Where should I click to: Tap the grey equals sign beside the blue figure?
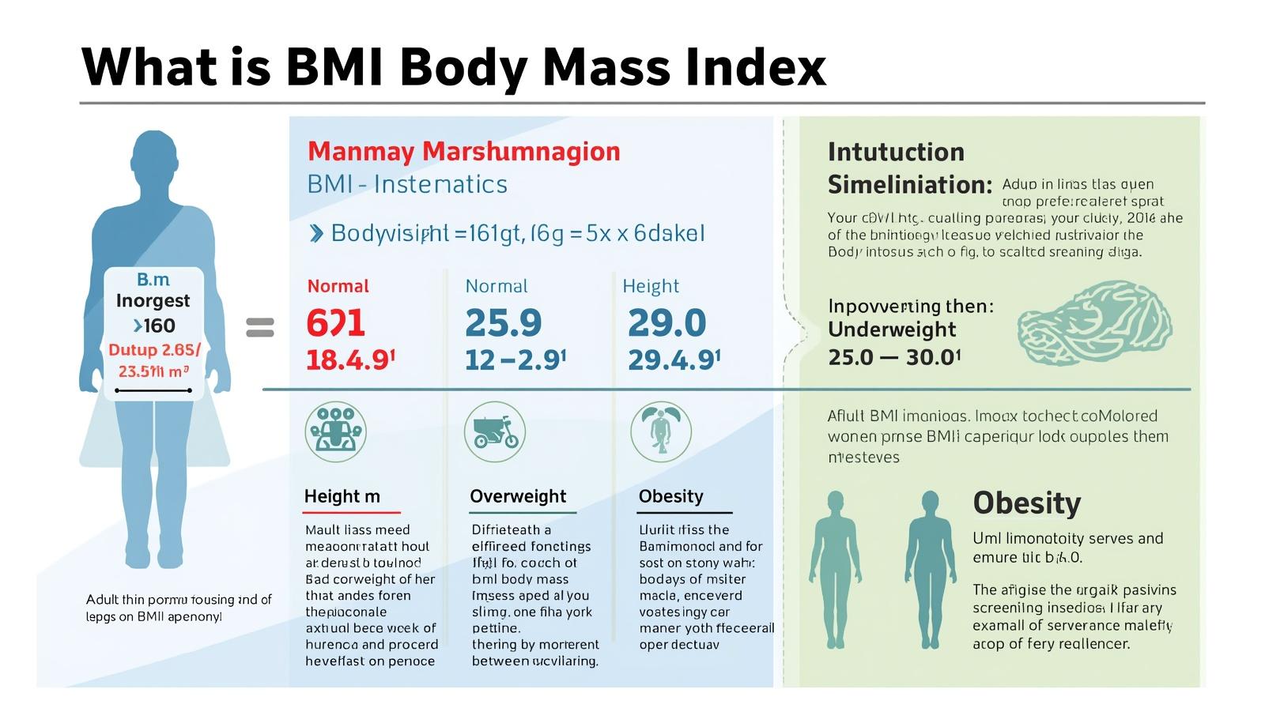point(260,327)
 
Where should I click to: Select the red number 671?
point(335,323)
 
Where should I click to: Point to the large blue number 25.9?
point(504,323)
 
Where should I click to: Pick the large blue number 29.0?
point(666,323)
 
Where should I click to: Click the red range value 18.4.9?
point(349,360)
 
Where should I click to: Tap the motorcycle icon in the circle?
point(495,431)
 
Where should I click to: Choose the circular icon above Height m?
point(336,431)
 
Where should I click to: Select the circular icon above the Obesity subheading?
point(661,431)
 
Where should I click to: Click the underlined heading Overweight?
point(518,496)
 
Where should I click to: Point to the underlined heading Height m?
point(342,496)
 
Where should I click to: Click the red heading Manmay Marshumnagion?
point(463,151)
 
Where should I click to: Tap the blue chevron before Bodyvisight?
point(316,233)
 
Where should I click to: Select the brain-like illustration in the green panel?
point(1095,323)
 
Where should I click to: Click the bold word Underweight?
point(892,330)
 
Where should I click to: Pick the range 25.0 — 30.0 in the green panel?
point(893,357)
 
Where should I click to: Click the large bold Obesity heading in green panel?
point(1026,503)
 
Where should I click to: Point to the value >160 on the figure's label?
point(154,326)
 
